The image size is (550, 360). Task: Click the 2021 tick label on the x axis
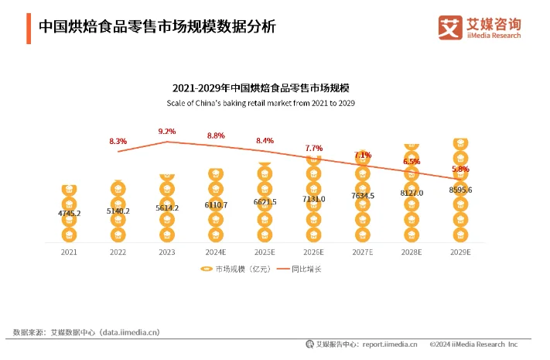point(69,252)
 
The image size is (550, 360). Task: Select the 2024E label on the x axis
point(216,252)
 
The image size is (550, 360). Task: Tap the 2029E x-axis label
point(460,252)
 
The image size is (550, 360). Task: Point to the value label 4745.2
point(69,213)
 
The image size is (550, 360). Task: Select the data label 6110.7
point(216,205)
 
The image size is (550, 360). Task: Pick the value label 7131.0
point(313,198)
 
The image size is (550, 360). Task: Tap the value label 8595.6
point(460,190)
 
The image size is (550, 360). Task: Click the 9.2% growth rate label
point(167,132)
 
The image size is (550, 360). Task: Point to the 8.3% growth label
point(118,142)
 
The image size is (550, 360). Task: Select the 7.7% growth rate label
point(313,148)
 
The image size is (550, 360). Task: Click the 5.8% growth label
point(460,169)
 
